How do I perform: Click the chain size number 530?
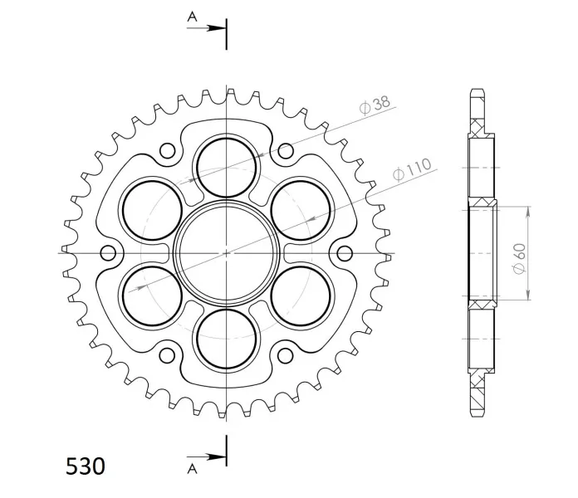point(86,466)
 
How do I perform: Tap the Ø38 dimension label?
point(375,105)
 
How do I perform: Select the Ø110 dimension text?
point(412,170)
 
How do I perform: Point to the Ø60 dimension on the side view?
point(519,259)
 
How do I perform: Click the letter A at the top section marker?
point(192,17)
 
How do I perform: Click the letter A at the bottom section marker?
point(192,468)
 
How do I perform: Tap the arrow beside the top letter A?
point(206,28)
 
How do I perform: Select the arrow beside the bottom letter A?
point(206,457)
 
